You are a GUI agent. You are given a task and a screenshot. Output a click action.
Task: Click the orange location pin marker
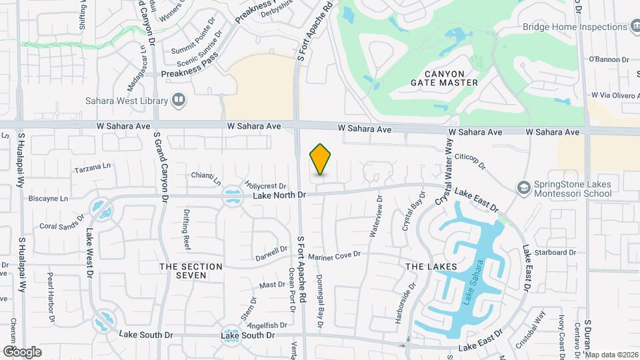click(x=321, y=159)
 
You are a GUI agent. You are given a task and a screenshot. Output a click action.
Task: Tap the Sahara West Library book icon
click(x=179, y=101)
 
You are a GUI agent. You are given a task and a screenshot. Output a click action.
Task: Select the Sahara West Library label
click(x=126, y=101)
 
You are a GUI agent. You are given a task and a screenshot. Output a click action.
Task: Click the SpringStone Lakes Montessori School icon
click(x=524, y=187)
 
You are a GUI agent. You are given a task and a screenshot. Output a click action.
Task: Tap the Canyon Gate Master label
click(x=451, y=77)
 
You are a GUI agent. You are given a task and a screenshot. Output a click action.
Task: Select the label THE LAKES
click(x=431, y=267)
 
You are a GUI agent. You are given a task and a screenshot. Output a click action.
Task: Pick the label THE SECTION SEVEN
click(x=191, y=271)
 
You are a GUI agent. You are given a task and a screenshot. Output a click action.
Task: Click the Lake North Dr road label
click(x=279, y=195)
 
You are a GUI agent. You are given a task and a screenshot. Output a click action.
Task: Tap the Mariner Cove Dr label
click(x=334, y=255)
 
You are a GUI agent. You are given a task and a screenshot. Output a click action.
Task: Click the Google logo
click(x=22, y=352)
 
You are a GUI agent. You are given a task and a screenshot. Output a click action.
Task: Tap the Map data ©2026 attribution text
click(x=611, y=355)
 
